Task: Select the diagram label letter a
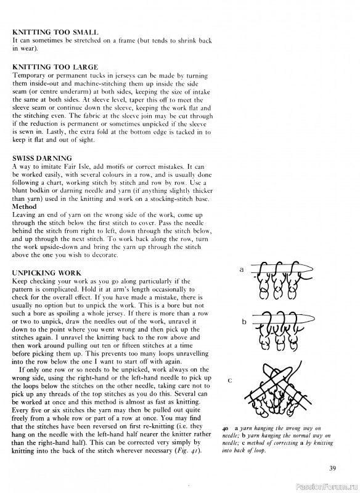(242, 270)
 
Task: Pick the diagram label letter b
(244, 322)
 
